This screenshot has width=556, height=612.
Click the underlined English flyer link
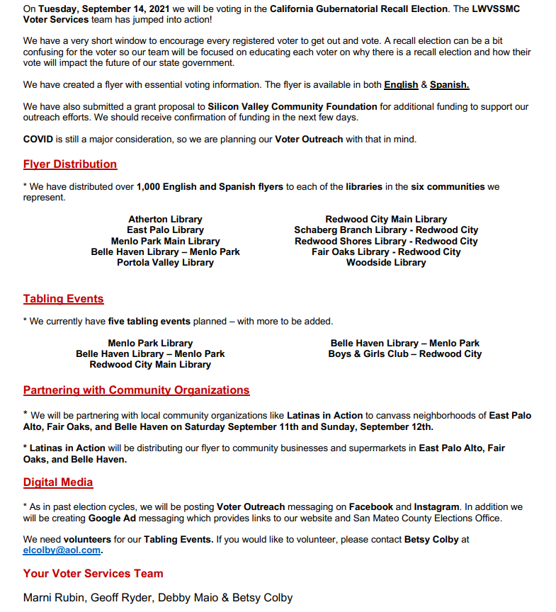pos(401,85)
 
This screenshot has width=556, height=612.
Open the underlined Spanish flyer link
pos(449,85)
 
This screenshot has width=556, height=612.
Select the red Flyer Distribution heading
pos(69,164)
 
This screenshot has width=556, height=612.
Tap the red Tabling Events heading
pos(63,299)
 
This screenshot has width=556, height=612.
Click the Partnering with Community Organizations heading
pos(136,390)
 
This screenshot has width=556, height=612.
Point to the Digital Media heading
pos(58,482)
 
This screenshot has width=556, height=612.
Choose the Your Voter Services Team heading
pos(93,574)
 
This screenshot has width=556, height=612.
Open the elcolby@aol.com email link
pos(62,550)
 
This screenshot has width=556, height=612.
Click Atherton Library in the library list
pos(165,220)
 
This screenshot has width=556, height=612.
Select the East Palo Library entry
pos(165,230)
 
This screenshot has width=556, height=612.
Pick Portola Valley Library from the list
pos(165,262)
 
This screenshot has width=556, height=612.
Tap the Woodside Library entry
pos(386,262)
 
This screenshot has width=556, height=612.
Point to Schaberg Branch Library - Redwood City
pos(386,230)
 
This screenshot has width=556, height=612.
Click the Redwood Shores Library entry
pos(386,241)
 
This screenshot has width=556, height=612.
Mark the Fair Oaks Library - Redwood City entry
pos(386,251)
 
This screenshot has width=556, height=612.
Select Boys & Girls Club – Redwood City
pos(404,354)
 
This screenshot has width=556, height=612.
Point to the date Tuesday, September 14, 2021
pos(117,9)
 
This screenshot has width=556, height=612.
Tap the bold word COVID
pos(38,140)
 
